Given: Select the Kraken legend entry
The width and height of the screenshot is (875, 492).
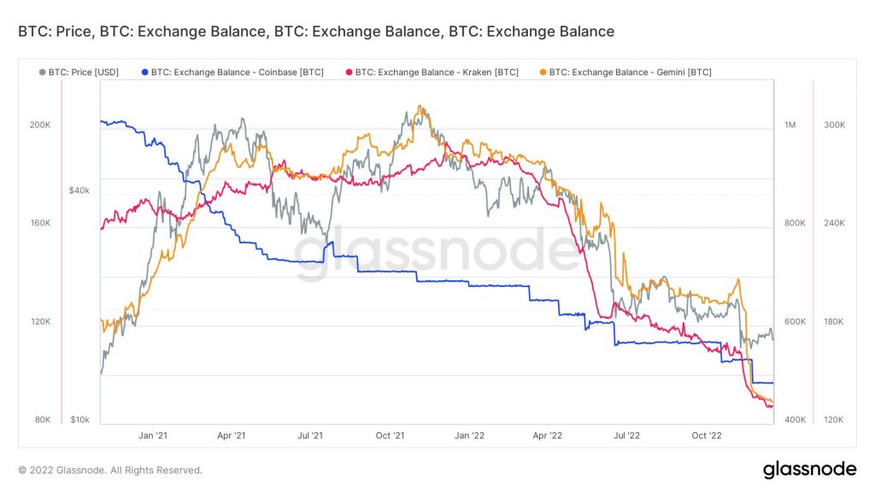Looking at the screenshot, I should click(435, 73).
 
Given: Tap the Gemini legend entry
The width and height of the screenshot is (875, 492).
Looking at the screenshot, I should click(630, 73).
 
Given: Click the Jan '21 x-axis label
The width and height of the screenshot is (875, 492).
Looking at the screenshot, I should click(152, 436).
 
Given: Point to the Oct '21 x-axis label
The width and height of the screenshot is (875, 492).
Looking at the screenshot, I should click(391, 436).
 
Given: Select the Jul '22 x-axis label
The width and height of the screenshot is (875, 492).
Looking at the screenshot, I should click(627, 436).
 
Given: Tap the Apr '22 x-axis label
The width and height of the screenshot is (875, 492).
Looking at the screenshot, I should click(548, 436).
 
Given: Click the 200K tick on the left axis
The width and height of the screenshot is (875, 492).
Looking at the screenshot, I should click(40, 125).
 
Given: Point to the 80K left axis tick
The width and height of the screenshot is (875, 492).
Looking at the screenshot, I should click(43, 419).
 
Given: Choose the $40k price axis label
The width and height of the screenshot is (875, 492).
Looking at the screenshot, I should click(79, 190).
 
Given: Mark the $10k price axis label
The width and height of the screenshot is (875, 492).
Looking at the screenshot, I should click(79, 419).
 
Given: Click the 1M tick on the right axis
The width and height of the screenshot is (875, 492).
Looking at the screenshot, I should click(790, 125).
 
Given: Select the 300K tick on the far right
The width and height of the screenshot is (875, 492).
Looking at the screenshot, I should click(834, 125).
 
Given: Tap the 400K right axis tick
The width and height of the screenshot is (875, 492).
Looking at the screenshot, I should click(796, 419).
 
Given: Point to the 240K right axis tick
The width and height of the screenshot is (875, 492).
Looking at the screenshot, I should click(834, 223).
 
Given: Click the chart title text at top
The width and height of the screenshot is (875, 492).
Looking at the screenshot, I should click(310, 32).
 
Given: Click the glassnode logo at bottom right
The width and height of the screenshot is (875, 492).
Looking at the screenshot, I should click(809, 469).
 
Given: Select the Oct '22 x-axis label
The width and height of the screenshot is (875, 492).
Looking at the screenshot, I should click(706, 436).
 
